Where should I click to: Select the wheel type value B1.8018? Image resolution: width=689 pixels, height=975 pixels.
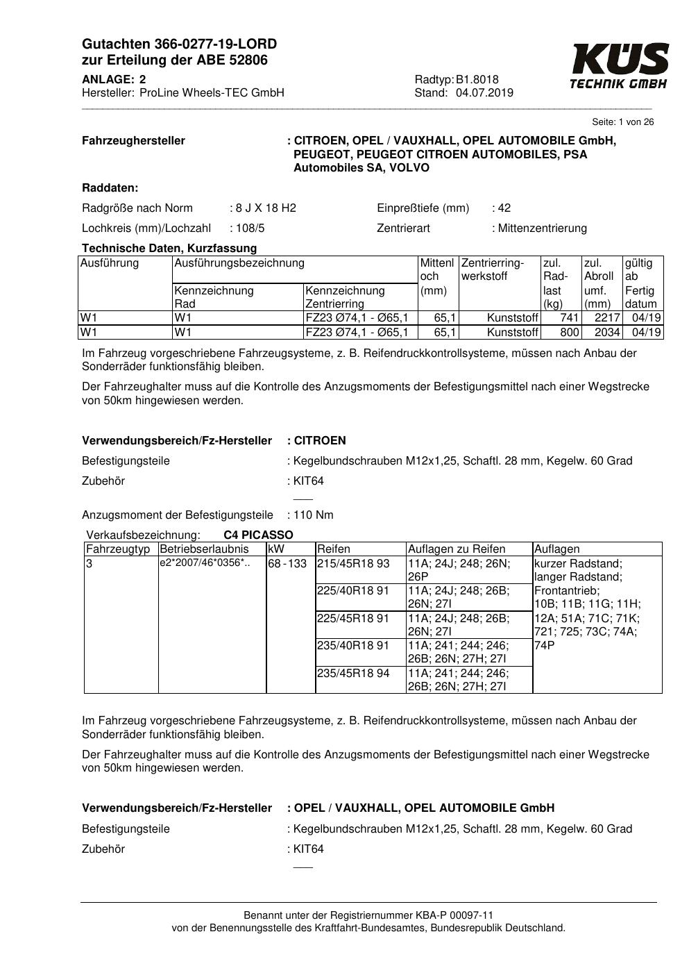click(x=477, y=79)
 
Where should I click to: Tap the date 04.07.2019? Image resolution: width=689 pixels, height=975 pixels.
click(x=484, y=93)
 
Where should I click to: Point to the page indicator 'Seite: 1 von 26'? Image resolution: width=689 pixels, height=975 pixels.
click(x=623, y=122)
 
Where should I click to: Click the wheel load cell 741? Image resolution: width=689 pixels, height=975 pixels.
click(x=569, y=318)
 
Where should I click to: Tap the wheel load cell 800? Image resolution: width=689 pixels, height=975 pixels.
click(x=569, y=333)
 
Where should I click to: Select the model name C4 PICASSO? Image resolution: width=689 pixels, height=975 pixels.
click(x=258, y=535)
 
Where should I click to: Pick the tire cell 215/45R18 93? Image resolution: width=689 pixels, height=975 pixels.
click(x=353, y=563)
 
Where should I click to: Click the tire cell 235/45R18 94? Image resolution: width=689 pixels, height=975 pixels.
click(x=353, y=673)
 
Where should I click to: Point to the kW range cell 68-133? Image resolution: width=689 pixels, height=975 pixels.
click(x=287, y=563)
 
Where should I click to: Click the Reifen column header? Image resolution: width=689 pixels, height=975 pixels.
click(x=334, y=549)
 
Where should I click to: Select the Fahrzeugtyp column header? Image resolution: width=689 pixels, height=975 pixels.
click(x=118, y=549)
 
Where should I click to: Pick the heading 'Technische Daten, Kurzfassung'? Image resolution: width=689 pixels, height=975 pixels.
click(x=169, y=248)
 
